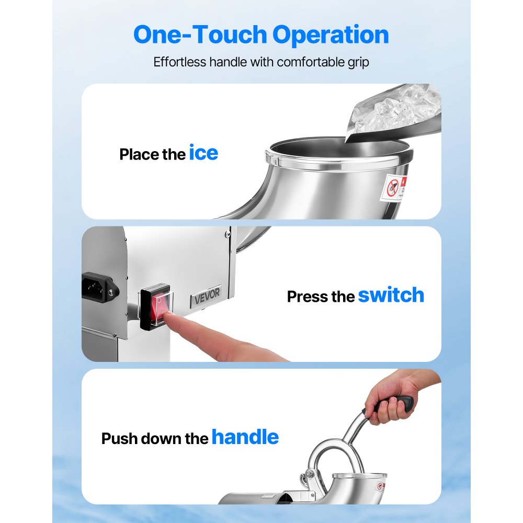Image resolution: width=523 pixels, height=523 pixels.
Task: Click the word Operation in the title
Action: [x=331, y=35]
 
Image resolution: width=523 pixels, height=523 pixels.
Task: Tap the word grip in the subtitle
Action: [x=356, y=62]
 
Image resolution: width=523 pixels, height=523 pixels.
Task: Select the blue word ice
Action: [x=203, y=153]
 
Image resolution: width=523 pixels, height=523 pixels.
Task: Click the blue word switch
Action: [x=391, y=295]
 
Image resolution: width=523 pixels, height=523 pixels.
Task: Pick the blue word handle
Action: [x=245, y=437]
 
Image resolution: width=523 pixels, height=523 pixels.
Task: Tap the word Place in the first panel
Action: [x=138, y=155]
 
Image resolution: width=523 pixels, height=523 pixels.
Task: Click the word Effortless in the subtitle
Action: [x=179, y=62]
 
